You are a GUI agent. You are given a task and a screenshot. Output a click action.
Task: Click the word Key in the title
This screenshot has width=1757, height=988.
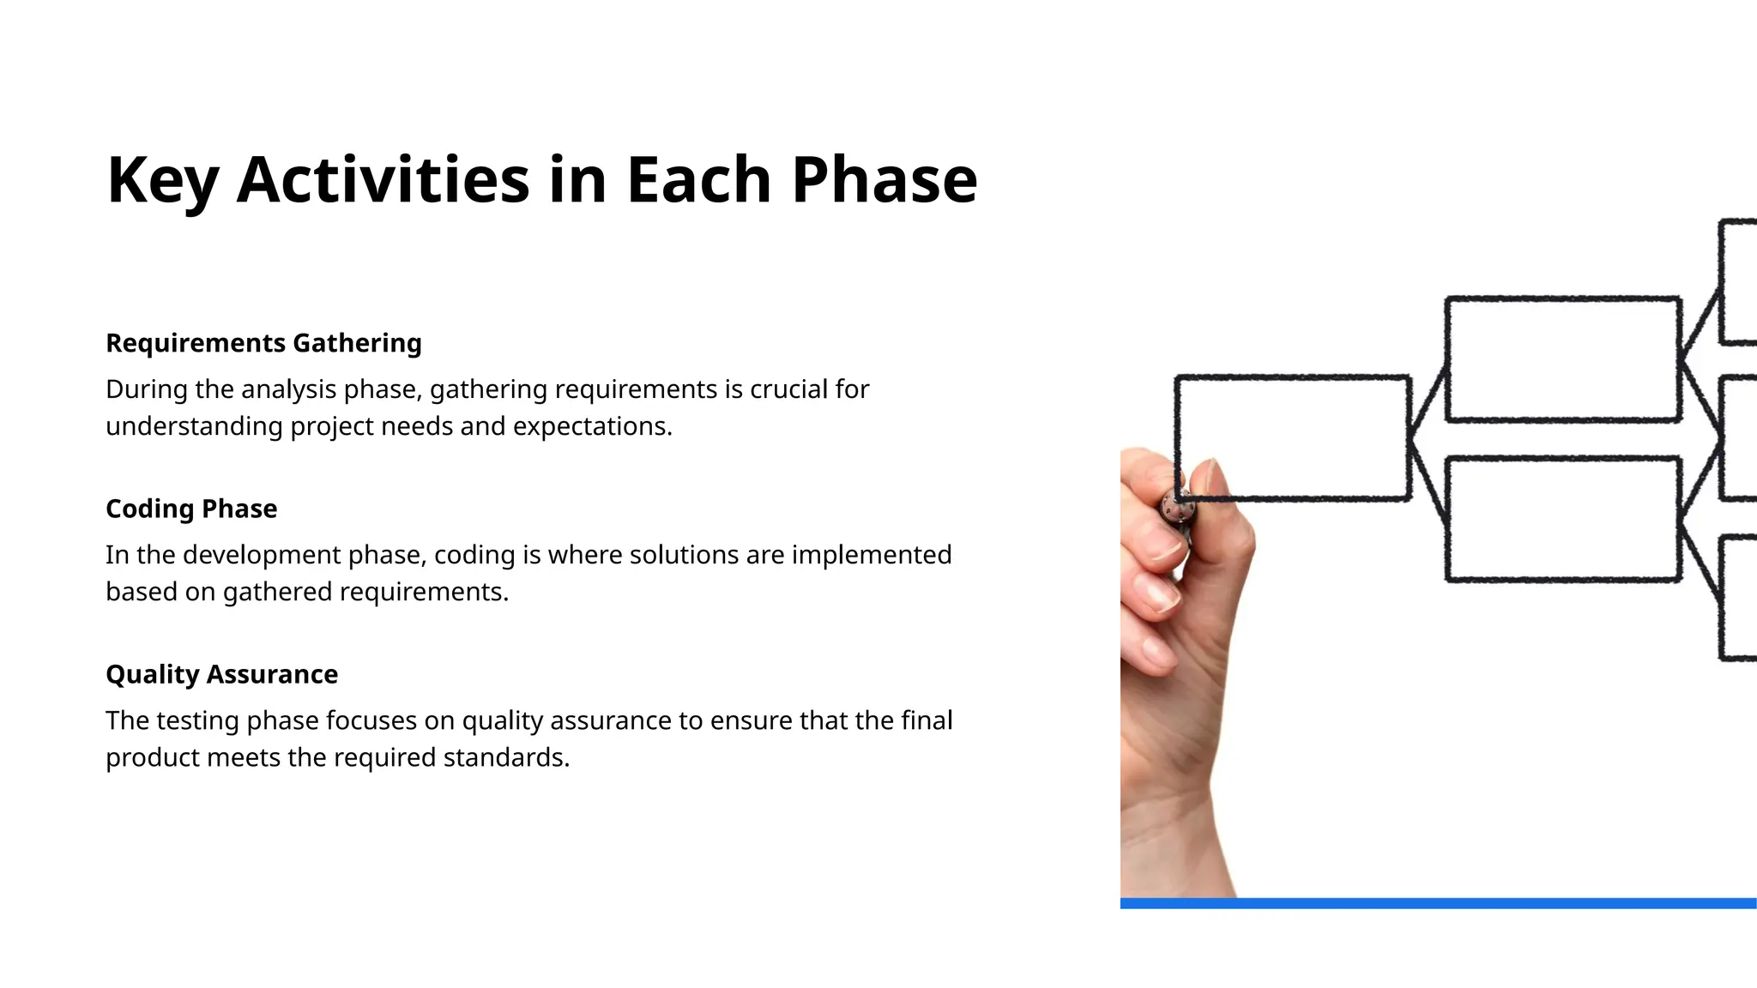162,180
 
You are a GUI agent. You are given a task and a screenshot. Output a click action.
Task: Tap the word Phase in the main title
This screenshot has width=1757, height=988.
884,180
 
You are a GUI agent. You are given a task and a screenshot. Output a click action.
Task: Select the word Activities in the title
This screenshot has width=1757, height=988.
383,180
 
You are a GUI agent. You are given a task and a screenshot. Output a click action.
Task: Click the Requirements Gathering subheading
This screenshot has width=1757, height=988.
263,343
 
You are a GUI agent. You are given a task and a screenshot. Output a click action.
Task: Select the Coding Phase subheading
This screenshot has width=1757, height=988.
191,509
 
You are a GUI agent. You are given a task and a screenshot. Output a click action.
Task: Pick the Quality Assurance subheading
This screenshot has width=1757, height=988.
221,674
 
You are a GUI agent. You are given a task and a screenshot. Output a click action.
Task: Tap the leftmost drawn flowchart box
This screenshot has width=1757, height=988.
1292,437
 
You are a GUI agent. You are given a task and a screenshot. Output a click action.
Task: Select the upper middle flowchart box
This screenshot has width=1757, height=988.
1562,359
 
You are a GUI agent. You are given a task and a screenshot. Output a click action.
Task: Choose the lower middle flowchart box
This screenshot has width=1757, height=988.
1562,519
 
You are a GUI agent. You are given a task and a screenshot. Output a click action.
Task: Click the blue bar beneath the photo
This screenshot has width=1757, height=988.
1438,903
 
